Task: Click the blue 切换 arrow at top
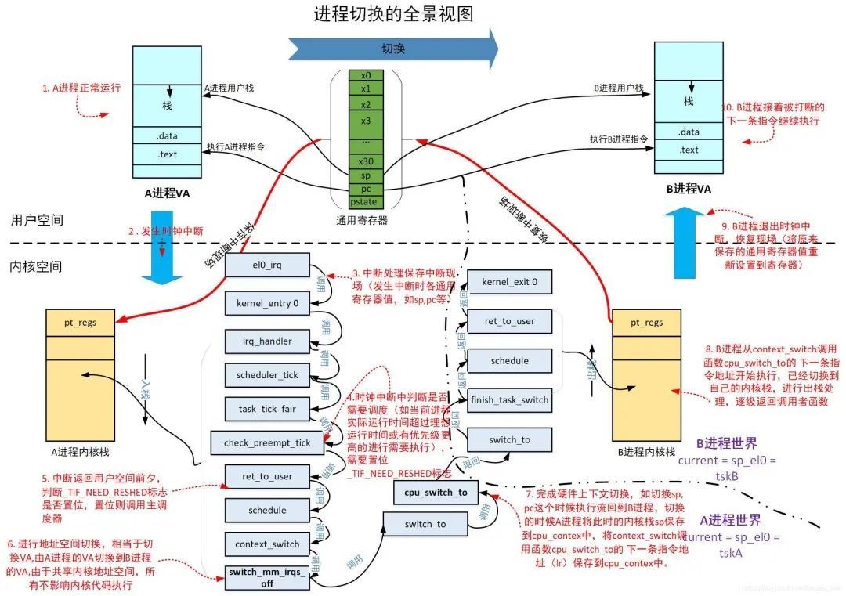(393, 49)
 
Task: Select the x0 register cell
(366, 76)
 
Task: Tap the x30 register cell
(366, 161)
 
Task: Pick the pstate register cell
(366, 203)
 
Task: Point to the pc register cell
(366, 189)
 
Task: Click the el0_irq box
(267, 265)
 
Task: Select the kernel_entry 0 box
(267, 302)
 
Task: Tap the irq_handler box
(267, 341)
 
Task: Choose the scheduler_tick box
(267, 375)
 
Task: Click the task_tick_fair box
(267, 408)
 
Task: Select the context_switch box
(267, 544)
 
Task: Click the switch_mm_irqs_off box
(267, 577)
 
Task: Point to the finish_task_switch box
(509, 400)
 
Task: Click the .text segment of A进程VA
(167, 154)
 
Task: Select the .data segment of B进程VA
(689, 132)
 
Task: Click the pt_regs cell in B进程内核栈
(645, 322)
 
